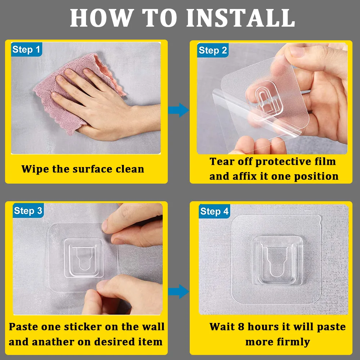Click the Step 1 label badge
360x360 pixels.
(x=27, y=49)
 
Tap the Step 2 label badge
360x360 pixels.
(x=213, y=50)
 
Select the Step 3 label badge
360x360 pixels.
(x=28, y=210)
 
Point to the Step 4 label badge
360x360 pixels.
(x=214, y=211)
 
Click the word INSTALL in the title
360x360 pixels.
(x=240, y=18)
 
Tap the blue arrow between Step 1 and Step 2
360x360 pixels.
(x=179, y=110)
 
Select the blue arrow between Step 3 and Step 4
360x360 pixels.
(x=179, y=291)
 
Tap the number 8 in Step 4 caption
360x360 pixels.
(x=241, y=327)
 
